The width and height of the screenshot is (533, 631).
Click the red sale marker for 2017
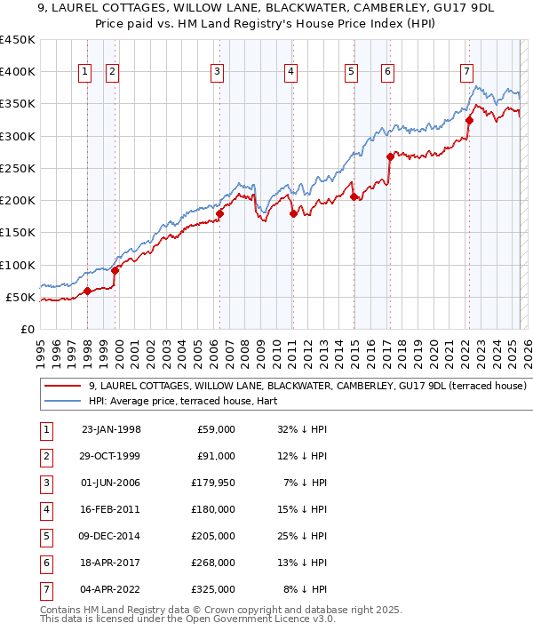coord(390,156)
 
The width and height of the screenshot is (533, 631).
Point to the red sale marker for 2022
coord(469,120)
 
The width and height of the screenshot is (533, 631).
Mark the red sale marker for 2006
coord(219,213)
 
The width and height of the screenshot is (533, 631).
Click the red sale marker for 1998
coord(87,291)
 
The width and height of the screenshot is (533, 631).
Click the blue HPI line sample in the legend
coord(62,401)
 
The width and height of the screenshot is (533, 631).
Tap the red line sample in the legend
coord(62,386)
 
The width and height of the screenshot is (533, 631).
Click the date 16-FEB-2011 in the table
coord(111,509)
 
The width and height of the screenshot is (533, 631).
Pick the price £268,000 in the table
coord(216,563)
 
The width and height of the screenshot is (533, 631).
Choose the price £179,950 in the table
coord(215,483)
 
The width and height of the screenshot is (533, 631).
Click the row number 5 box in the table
coord(45,536)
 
